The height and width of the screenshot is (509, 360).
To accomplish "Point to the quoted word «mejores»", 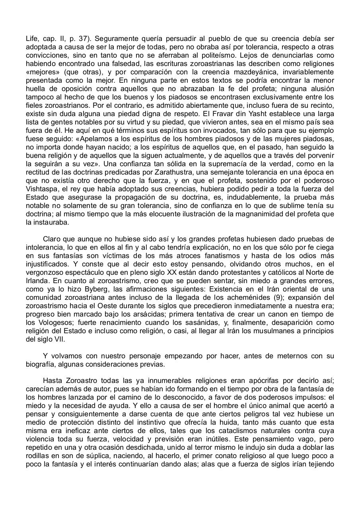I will [x=42, y=72].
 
